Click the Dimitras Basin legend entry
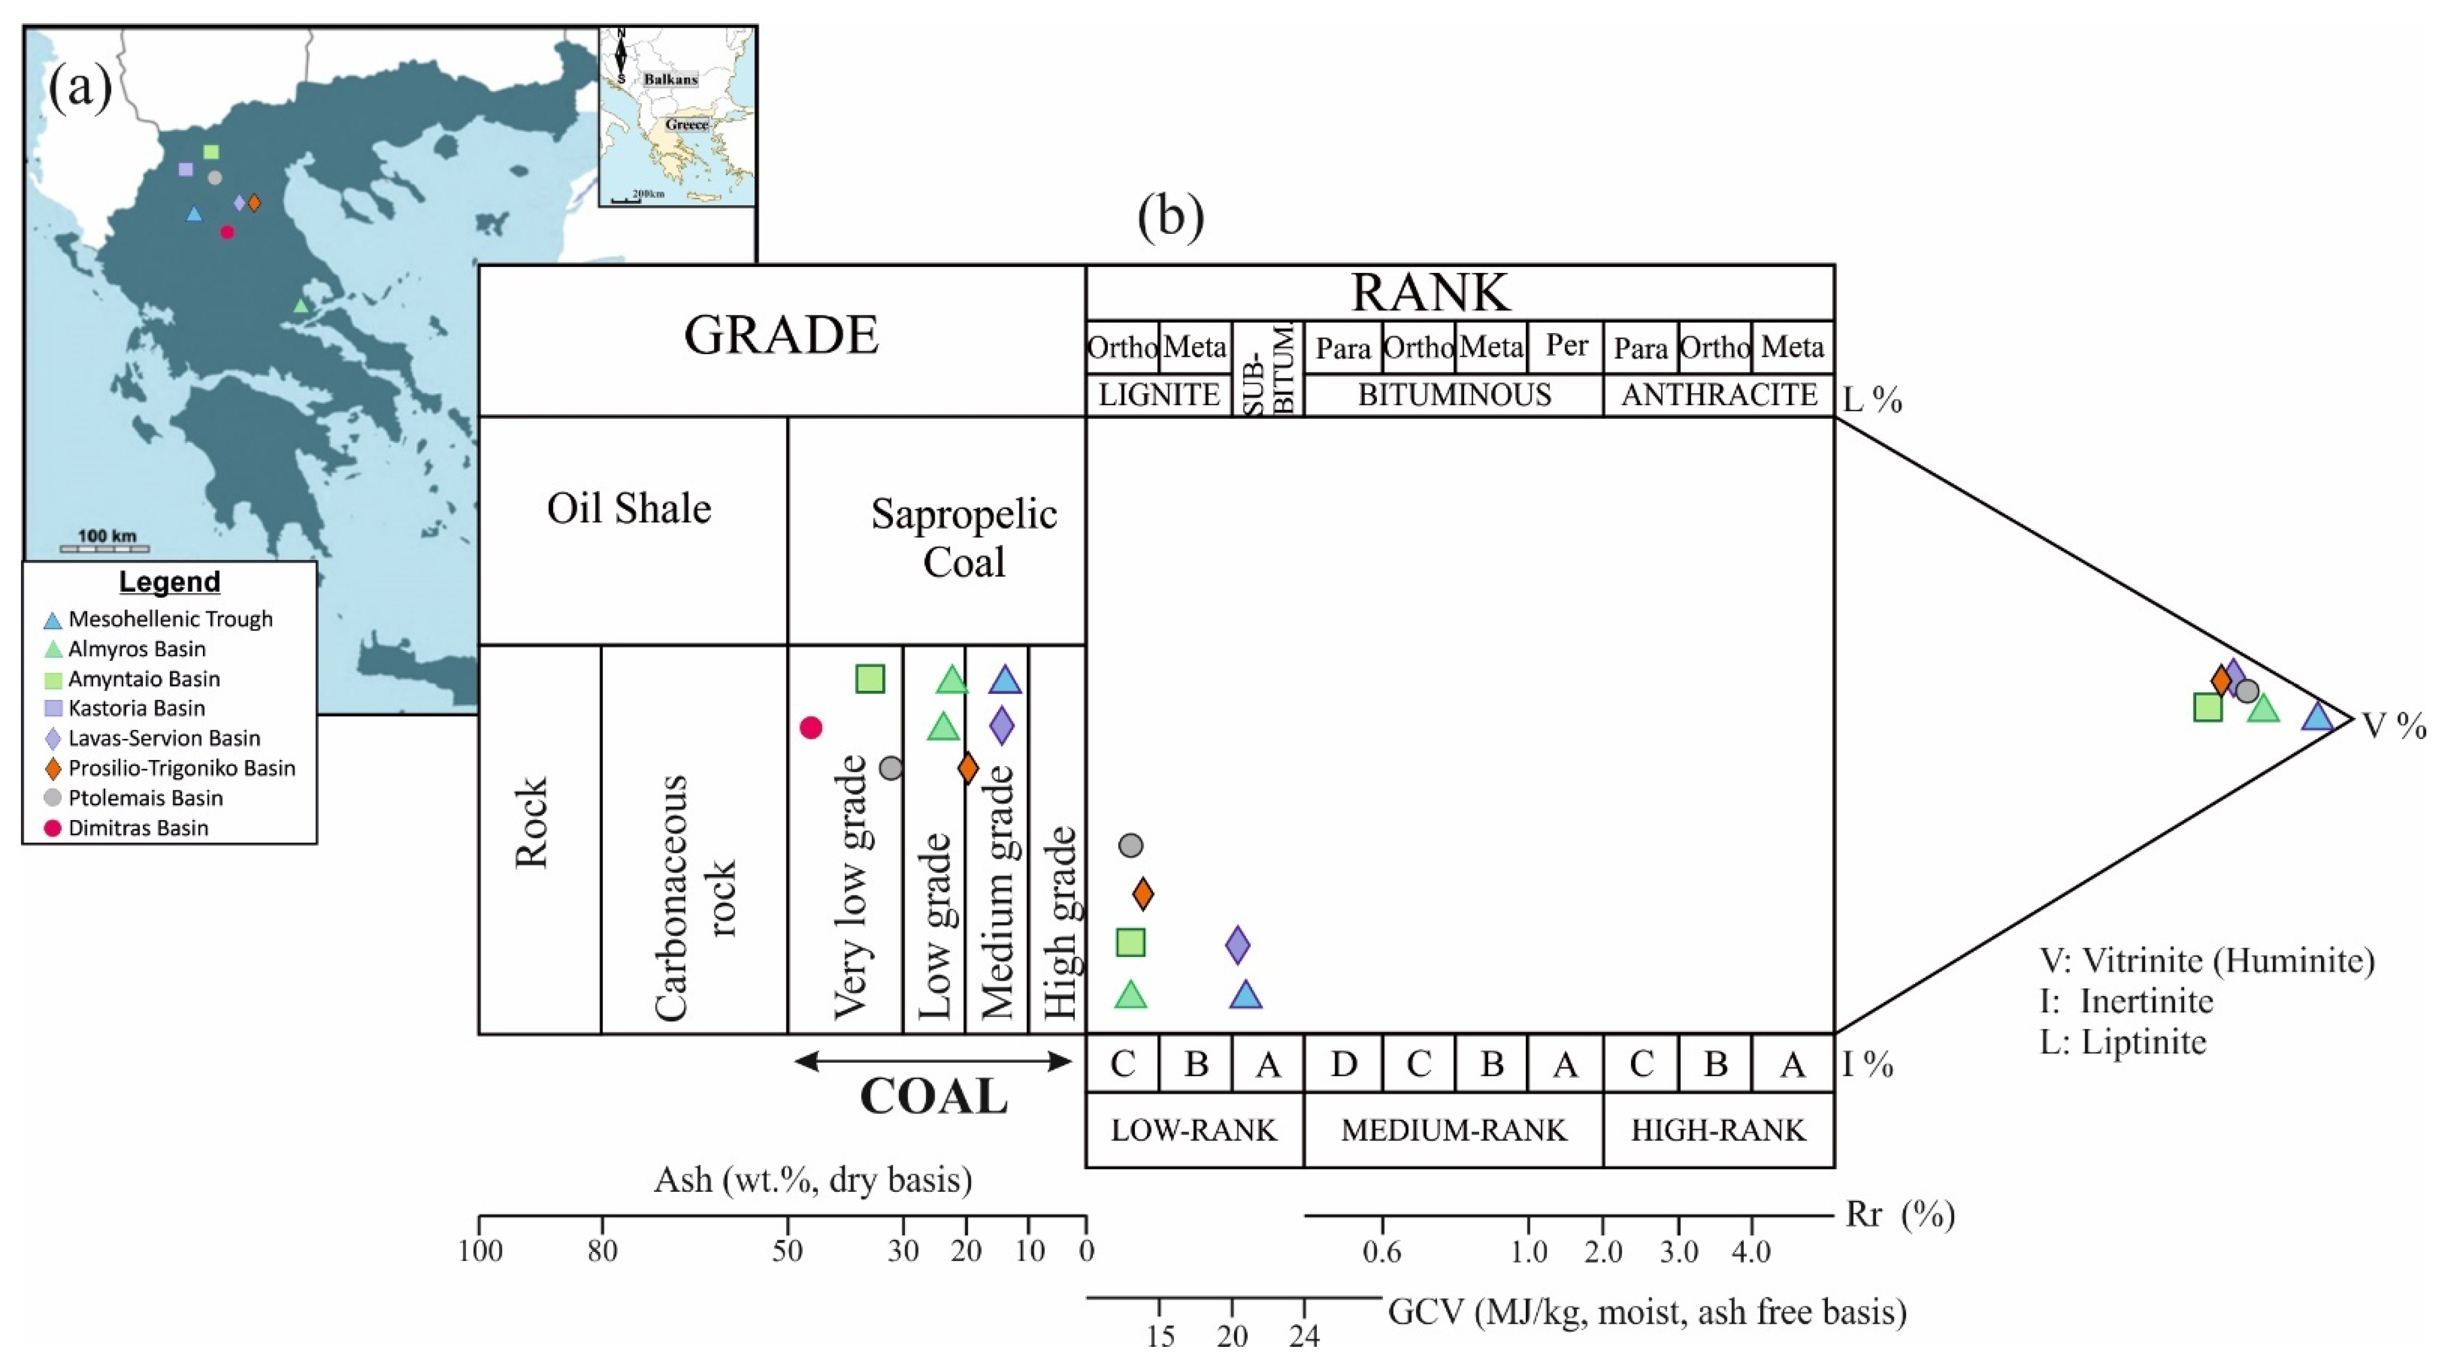138,828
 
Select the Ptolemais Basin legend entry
144,797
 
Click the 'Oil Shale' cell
629,509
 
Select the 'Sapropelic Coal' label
963,537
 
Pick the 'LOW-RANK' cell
1194,1130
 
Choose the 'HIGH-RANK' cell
1718,1130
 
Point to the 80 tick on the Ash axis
602,1250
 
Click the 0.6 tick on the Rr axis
1382,1250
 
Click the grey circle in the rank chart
1130,845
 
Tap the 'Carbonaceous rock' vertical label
696,897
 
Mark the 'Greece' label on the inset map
686,124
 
